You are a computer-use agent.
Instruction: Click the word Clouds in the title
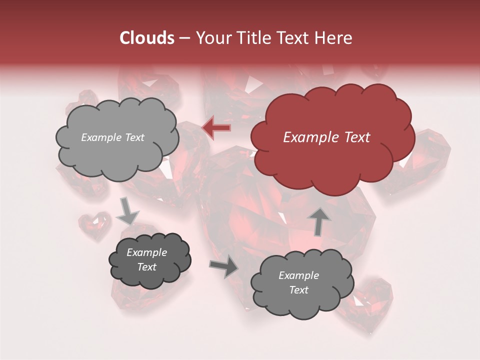(147, 38)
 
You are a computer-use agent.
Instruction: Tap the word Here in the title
(333, 38)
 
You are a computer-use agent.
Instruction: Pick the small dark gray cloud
(150, 277)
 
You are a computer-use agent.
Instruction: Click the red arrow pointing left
(216, 128)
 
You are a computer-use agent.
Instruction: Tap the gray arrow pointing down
(127, 211)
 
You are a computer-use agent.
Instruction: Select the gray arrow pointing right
(224, 267)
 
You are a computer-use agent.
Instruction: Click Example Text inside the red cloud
(326, 137)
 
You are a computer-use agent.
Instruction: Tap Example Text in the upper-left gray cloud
(112, 137)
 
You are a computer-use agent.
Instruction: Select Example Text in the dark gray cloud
(147, 259)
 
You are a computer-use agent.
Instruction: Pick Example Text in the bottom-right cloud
(298, 282)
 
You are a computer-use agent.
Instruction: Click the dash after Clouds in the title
(185, 38)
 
